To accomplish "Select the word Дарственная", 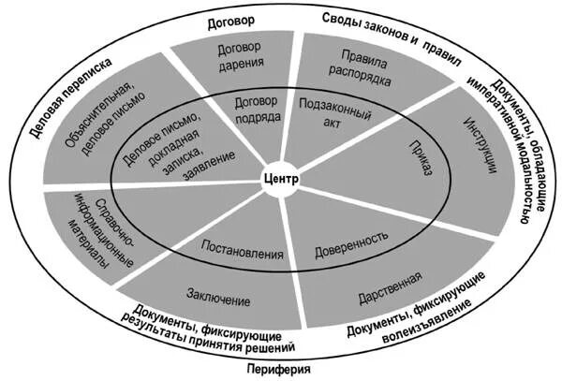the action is pos(389,286).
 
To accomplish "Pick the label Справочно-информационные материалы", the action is pos(95,229).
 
